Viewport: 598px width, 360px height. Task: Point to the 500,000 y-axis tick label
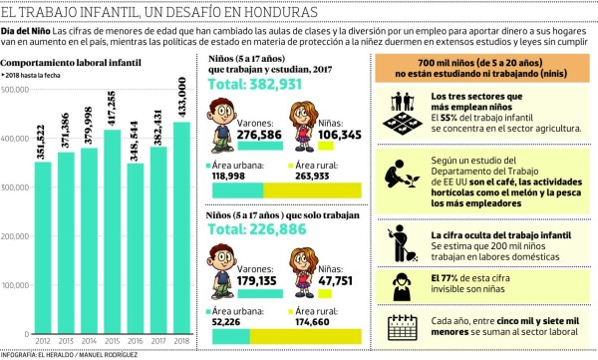[x=14, y=91]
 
